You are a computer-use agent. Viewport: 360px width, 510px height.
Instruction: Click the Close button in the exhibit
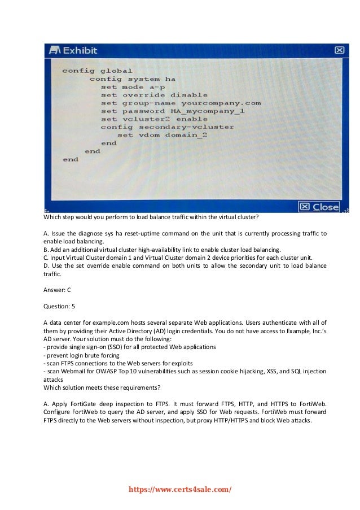(x=319, y=207)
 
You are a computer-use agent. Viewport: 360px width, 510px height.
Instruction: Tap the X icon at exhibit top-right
(x=339, y=50)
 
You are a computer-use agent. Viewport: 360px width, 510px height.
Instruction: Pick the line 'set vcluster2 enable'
(x=154, y=119)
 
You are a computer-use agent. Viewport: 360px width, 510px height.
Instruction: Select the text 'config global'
(x=97, y=71)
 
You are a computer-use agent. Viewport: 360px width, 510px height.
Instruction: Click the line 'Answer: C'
(x=57, y=290)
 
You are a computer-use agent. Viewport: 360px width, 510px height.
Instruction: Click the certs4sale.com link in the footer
(x=180, y=490)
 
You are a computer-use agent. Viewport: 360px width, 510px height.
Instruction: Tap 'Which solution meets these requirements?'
(x=102, y=387)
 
